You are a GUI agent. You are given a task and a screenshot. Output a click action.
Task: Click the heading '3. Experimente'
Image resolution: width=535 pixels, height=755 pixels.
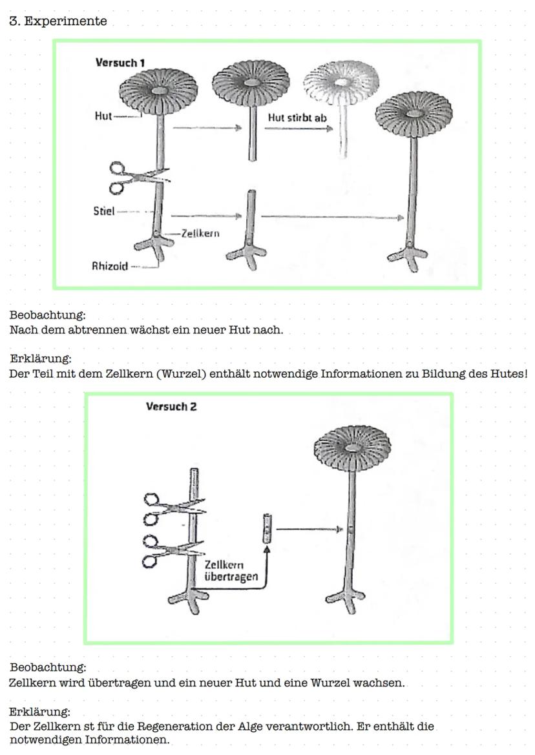coord(58,21)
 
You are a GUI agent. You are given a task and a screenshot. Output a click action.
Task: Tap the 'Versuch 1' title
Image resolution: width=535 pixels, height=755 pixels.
coord(120,63)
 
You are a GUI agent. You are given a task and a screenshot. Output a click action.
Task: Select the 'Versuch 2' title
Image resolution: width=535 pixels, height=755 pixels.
coord(171,406)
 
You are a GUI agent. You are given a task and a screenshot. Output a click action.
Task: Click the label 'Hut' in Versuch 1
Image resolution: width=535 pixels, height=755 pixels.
coord(103,116)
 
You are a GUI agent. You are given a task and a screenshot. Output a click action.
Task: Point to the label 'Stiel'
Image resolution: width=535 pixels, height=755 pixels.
coord(104,211)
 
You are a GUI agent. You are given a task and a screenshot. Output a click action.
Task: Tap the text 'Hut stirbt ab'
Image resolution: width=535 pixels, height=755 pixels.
coord(297,118)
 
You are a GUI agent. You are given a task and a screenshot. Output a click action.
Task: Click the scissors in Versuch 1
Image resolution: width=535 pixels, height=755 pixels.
coord(136,177)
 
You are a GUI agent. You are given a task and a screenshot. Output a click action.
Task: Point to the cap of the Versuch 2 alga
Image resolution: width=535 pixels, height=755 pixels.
coord(352,447)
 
